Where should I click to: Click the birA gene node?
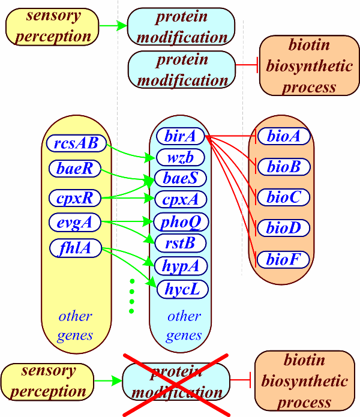pyautogui.click(x=180, y=136)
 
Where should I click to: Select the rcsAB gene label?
pyautogui.click(x=76, y=143)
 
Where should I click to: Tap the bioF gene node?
pyautogui.click(x=283, y=259)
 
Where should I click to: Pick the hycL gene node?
pyautogui.click(x=182, y=289)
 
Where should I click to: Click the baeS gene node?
pyautogui.click(x=180, y=178)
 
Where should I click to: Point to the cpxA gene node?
pyautogui.click(x=180, y=199)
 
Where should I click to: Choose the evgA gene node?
pyautogui.click(x=75, y=222)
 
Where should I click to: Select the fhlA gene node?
pyautogui.click(x=76, y=248)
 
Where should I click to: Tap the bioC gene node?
pyautogui.click(x=284, y=197)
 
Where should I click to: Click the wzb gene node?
pyautogui.click(x=180, y=157)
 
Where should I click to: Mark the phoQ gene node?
pyautogui.click(x=181, y=221)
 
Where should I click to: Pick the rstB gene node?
pyautogui.click(x=180, y=243)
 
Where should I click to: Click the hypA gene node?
pyautogui.click(x=181, y=266)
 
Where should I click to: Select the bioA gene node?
pyautogui.click(x=284, y=136)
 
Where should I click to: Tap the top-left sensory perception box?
pyautogui.click(x=52, y=26)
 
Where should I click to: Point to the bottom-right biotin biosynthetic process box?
pyautogui.click(x=305, y=381)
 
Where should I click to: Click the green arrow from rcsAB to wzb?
pyautogui.click(x=130, y=153)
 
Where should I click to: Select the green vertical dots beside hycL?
pyautogui.click(x=131, y=296)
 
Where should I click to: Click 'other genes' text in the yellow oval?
pyautogui.click(x=75, y=326)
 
